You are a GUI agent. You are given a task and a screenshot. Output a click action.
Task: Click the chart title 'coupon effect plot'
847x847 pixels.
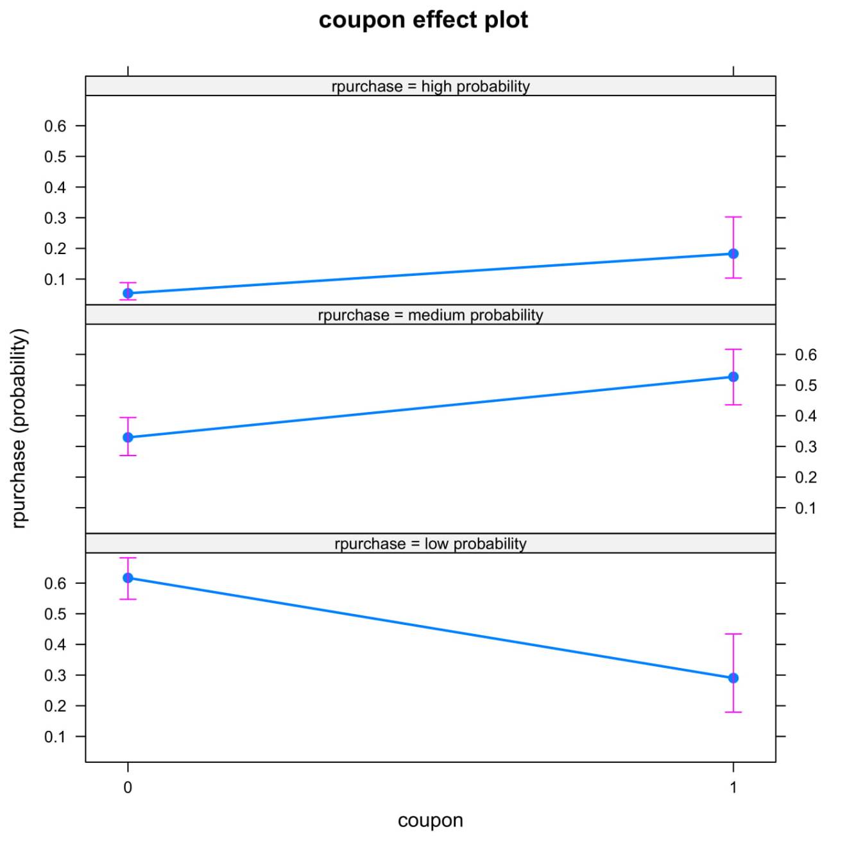coord(423,20)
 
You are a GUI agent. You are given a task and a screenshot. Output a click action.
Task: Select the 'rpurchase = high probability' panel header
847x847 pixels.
coord(430,86)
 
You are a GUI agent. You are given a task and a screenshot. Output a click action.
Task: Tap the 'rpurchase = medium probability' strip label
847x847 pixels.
coord(430,315)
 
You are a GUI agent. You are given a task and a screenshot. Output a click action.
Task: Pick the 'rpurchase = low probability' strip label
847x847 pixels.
coord(430,543)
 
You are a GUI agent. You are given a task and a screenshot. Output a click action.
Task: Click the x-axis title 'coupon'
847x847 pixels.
coord(430,820)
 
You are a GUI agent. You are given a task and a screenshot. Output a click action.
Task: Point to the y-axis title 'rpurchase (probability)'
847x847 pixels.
coord(19,429)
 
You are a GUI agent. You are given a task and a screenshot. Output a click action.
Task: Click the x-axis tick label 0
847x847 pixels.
coord(128,787)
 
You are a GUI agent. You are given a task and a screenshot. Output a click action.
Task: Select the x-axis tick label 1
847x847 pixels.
coord(733,787)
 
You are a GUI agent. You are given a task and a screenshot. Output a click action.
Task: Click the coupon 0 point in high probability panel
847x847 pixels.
coord(128,293)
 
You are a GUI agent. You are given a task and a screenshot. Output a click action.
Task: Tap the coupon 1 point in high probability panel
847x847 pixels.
coord(733,254)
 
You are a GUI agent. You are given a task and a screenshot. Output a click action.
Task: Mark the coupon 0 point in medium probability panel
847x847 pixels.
coord(128,438)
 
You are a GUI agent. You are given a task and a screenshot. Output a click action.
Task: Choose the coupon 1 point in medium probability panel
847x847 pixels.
coord(733,377)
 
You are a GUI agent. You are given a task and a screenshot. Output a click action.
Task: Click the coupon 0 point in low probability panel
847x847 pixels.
coord(128,577)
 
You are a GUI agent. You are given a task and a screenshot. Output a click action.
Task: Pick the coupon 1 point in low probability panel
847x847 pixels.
coord(733,678)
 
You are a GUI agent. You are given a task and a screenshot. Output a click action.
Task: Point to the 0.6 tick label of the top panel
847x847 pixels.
coord(55,126)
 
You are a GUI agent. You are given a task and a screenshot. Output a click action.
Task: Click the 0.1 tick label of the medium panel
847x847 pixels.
coord(805,508)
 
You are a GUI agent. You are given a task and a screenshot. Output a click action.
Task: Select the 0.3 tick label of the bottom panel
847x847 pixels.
coord(55,675)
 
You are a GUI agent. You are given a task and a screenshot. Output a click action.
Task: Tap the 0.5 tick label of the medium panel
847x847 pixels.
coord(805,385)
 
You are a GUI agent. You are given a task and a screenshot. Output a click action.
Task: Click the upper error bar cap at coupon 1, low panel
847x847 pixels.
coord(733,634)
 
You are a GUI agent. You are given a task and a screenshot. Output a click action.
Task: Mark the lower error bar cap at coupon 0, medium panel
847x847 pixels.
coord(128,456)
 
